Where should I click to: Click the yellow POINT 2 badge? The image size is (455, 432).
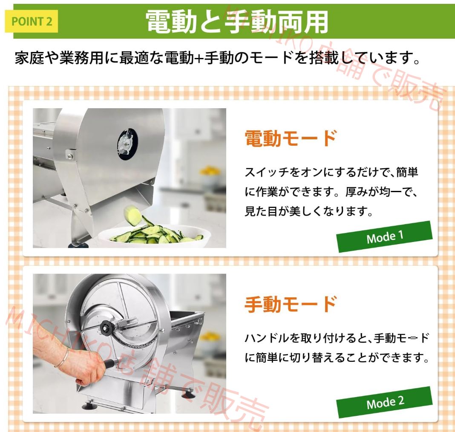(x=31, y=21)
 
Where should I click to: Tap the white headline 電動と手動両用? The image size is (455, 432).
(x=237, y=21)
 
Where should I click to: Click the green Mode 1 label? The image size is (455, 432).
(x=385, y=236)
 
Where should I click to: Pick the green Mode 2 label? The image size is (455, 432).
(x=385, y=402)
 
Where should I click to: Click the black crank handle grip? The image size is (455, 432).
(x=109, y=364)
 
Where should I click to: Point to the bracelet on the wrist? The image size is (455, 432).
(x=61, y=357)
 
